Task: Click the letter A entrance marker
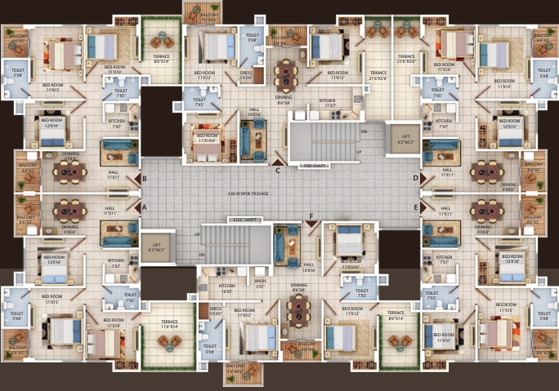pyautogui.click(x=145, y=207)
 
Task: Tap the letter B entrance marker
pyautogui.click(x=145, y=178)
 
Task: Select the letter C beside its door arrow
pyautogui.click(x=278, y=171)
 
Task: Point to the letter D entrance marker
pyautogui.click(x=415, y=177)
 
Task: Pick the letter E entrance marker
pyautogui.click(x=415, y=207)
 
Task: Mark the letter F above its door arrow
pyautogui.click(x=311, y=216)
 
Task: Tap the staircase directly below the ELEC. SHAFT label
pyautogui.click(x=237, y=242)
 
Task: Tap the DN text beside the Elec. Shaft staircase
pyautogui.click(x=202, y=255)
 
